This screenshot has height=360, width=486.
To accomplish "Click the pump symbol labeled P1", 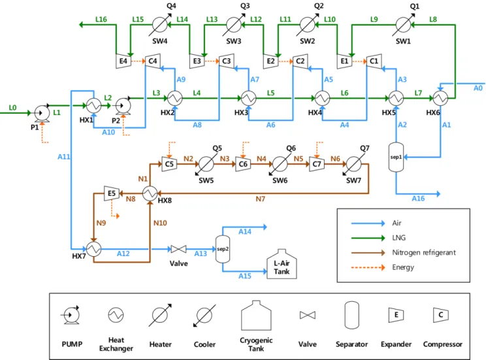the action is pos(42,114).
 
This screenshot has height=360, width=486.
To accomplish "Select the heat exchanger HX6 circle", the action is pos(440,98).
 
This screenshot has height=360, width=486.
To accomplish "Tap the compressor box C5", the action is pos(169,164).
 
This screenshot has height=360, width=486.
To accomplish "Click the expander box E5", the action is pos(112,193).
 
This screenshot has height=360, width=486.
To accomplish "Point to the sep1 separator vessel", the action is pos(396,157).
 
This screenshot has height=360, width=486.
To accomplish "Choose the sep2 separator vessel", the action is pos(223,249).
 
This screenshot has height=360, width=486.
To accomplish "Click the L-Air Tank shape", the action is pos(282,264).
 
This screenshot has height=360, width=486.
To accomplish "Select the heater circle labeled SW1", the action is pos(403,25).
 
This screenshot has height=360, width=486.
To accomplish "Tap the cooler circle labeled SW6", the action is pos(280,164).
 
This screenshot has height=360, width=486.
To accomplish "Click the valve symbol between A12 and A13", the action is pos(178,249).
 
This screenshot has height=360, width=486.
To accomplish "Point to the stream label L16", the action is pos(101,19).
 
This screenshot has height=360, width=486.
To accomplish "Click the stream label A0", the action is pos(478,88).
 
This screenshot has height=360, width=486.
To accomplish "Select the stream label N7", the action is pos(261,199).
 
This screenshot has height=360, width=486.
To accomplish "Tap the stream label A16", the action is pos(418,199).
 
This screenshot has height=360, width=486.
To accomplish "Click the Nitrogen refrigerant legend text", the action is pos(424,252).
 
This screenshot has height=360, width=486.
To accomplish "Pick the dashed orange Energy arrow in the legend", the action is pos(368,267).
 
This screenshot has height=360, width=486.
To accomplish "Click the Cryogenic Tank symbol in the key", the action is pos(256,316).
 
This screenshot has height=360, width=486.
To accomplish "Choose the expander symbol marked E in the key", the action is pos(396,315).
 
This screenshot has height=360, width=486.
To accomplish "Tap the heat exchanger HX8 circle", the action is pos(150,193).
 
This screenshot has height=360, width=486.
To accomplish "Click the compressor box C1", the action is pos(374,61).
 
